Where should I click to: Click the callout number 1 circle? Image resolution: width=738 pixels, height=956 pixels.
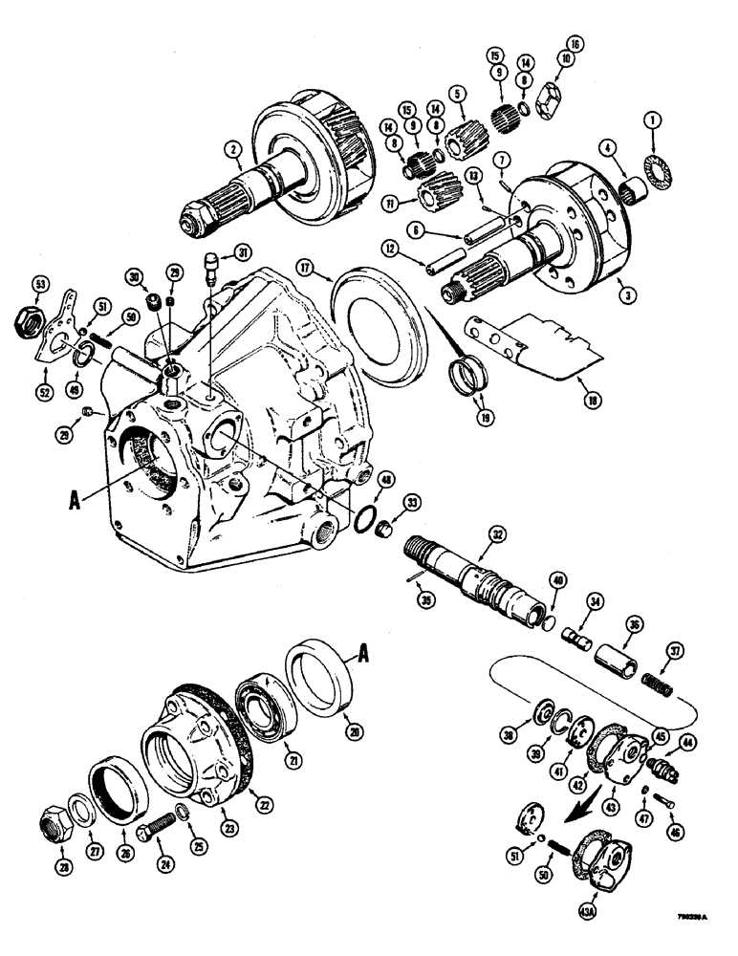point(654,120)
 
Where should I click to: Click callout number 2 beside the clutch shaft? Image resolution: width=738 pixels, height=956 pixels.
point(230,149)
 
